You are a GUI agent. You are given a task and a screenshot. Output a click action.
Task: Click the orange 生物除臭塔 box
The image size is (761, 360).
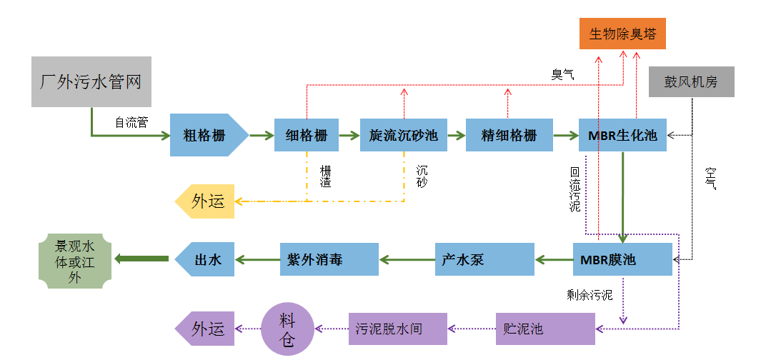point(622,34)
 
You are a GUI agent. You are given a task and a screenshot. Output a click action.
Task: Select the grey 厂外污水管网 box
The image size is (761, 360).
point(91,81)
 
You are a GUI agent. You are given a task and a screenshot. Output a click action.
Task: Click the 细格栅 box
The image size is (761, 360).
point(306,135)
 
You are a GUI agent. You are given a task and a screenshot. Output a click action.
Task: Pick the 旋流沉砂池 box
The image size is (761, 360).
point(404,135)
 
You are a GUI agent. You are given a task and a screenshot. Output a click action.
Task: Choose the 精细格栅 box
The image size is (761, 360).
point(508,135)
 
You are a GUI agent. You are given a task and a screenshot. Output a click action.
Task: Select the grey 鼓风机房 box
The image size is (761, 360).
point(691,82)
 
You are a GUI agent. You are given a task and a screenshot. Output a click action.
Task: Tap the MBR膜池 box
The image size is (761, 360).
point(622,259)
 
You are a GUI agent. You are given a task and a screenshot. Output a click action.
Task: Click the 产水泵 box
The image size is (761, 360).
point(484,259)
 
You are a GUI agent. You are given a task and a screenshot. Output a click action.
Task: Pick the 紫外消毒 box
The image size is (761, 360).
point(329,259)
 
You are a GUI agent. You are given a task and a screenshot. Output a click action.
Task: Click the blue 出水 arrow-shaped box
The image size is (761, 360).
point(207,259)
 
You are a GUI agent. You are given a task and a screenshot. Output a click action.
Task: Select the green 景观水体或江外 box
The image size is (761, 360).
point(74,259)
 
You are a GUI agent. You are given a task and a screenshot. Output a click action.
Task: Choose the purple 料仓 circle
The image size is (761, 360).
point(287,329)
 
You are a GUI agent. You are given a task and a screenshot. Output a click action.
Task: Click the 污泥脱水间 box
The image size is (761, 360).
point(397,329)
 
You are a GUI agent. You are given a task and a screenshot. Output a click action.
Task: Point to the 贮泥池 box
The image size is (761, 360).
point(545,329)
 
